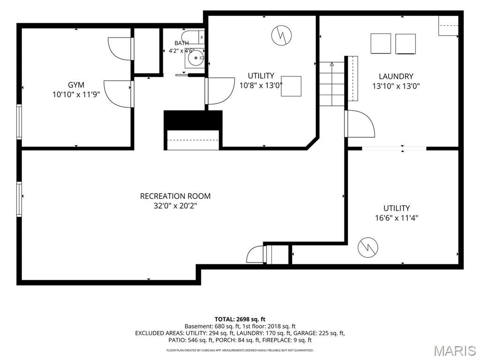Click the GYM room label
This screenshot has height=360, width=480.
coord(76,85)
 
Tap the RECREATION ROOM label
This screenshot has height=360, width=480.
coord(175,196)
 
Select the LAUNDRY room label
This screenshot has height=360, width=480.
coord(396,76)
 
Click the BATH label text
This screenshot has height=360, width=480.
coord(181,43)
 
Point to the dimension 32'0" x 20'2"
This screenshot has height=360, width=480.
coord(175,206)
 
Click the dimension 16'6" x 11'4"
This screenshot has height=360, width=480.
coord(397,218)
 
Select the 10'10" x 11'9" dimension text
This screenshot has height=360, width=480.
coord(76,95)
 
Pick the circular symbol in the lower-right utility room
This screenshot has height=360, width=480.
coord(368,247)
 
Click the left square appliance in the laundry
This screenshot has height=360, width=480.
coord(381,44)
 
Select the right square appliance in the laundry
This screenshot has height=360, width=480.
coord(405,44)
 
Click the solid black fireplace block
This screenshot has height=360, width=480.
coord(193,120)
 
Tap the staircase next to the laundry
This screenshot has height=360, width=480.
coord(332,84)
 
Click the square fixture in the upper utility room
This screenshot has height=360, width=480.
coord(291,86)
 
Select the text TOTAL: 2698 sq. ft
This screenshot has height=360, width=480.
coord(240,320)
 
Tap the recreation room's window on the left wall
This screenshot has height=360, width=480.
coord(19,199)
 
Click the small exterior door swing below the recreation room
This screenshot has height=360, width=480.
coord(255,255)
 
